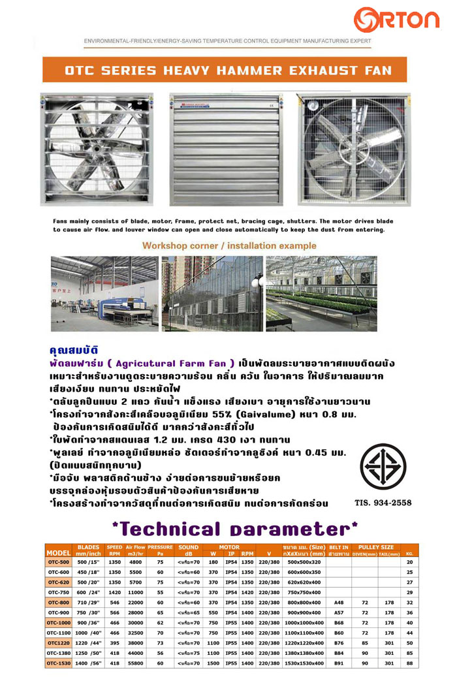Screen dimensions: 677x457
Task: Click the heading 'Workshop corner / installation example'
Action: (x=229, y=245)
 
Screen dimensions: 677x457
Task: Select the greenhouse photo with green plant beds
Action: (x=321, y=293)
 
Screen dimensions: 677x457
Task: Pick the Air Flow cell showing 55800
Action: (x=135, y=663)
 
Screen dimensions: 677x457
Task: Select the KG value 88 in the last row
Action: (x=409, y=663)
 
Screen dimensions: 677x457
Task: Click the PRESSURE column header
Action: (x=159, y=547)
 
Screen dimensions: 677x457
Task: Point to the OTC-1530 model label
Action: (x=59, y=663)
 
